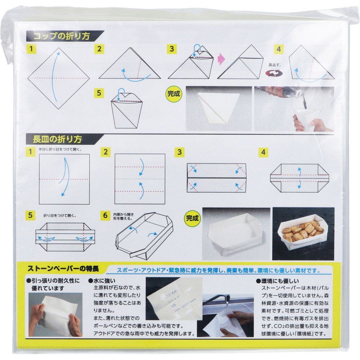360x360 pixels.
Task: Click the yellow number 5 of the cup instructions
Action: pos(99,92)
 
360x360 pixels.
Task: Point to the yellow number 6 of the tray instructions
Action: pos(105,215)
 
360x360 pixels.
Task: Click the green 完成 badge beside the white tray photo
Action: pos(193,217)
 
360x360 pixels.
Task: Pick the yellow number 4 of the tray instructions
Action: pos(264,152)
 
